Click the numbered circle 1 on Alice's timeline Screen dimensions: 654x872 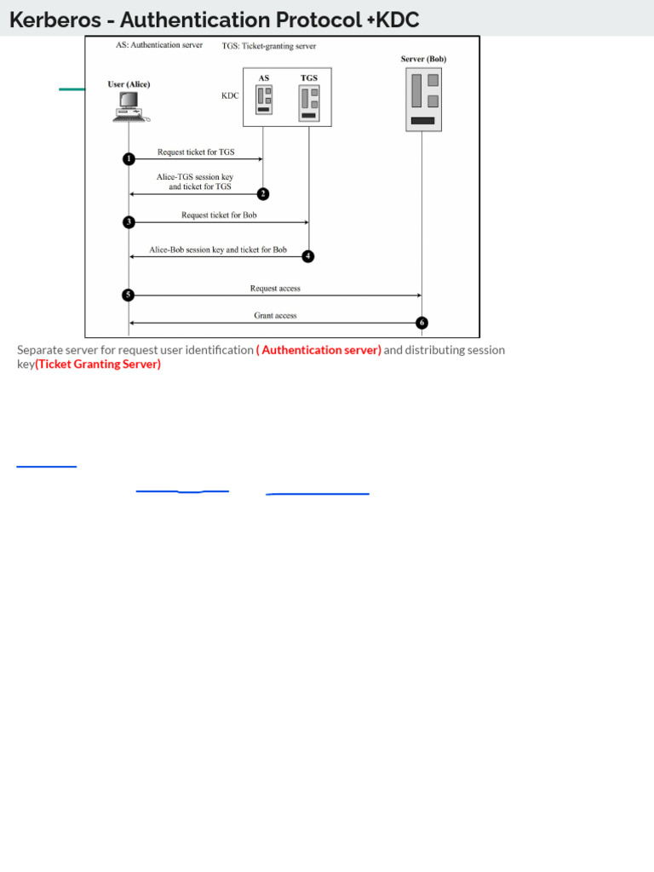[x=129, y=158]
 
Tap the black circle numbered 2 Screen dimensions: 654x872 [x=263, y=194]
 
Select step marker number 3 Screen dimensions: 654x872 [x=129, y=222]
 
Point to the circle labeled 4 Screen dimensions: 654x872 [x=308, y=256]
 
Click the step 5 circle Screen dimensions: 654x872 [x=129, y=295]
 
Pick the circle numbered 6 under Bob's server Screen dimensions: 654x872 [x=422, y=323]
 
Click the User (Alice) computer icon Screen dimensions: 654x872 [x=129, y=106]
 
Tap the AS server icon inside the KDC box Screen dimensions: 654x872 [x=264, y=100]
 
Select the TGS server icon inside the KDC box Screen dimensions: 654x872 [x=308, y=102]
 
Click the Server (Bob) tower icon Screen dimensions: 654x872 [x=423, y=100]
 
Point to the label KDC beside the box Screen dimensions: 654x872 [x=230, y=97]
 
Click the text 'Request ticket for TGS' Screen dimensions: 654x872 [x=196, y=152]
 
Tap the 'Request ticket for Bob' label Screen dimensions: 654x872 [x=219, y=215]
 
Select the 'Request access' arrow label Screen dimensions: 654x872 [x=275, y=289]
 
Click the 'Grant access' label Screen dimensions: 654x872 [x=275, y=315]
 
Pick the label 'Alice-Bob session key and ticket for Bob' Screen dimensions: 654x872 [x=218, y=250]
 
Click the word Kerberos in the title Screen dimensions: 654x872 [x=54, y=20]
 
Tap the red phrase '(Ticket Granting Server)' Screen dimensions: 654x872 [x=98, y=364]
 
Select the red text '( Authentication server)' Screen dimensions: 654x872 [x=318, y=350]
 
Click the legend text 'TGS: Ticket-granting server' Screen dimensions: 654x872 [x=269, y=46]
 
